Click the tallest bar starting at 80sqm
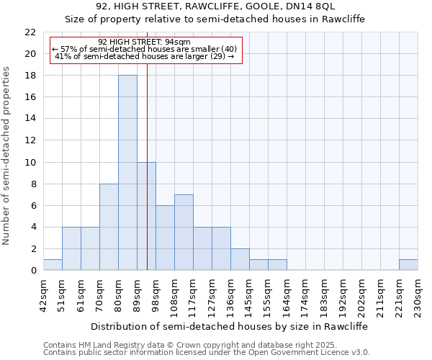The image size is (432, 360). tap(127, 173)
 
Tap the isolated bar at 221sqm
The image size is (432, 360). tap(408, 265)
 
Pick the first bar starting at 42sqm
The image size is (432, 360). tap(53, 265)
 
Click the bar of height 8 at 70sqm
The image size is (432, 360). tap(109, 227)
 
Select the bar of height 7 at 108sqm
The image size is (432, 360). tap(184, 232)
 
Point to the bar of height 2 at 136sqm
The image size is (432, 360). tap(240, 259)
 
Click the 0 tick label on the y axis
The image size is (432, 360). tap(33, 271)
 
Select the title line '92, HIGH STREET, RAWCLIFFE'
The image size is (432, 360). tap(215, 6)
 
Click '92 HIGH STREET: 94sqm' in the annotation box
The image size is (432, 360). tap(144, 42)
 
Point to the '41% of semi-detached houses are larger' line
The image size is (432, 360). tap(144, 56)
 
